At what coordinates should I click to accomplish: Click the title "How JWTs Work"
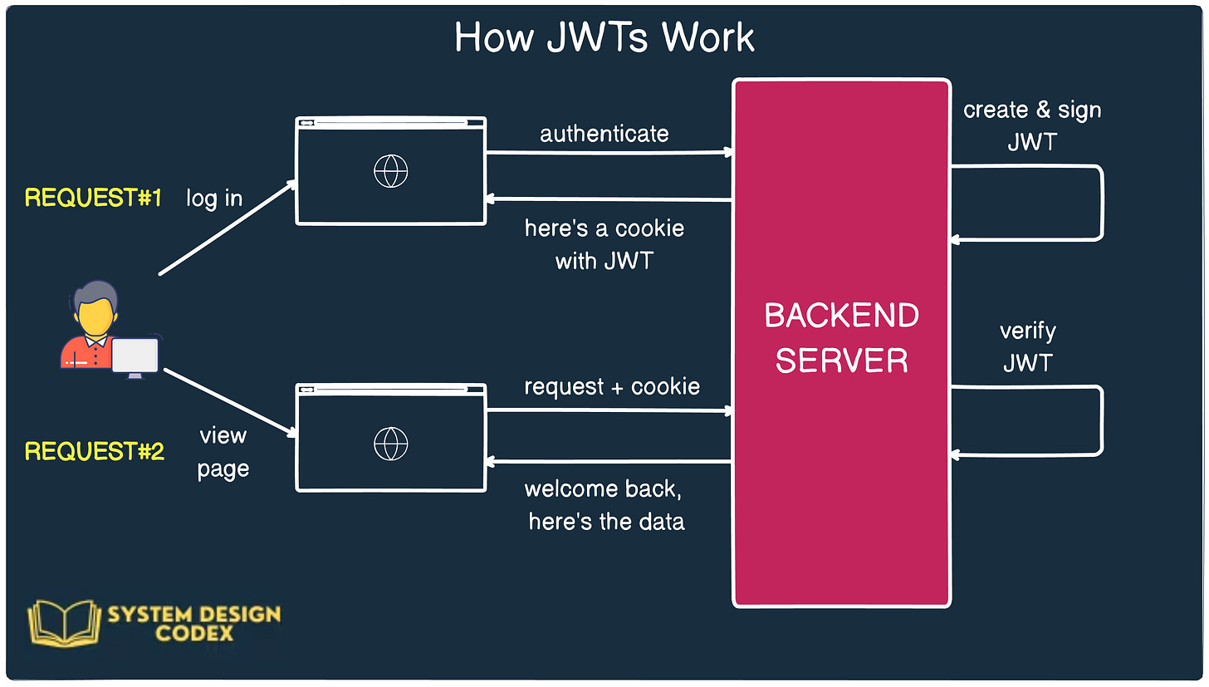(x=604, y=38)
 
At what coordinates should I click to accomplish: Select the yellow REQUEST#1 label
(x=94, y=198)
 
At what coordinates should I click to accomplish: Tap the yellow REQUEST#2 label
(x=95, y=451)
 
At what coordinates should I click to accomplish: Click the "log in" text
(x=214, y=199)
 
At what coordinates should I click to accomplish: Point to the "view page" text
(x=223, y=452)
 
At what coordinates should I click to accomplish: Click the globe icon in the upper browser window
(x=391, y=172)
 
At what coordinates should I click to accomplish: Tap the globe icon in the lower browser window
(x=391, y=444)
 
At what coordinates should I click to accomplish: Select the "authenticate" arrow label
(x=604, y=134)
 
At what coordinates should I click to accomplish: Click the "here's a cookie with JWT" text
(x=604, y=244)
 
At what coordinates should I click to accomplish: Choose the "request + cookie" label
(x=612, y=387)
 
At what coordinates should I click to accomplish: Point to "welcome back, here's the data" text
(x=605, y=505)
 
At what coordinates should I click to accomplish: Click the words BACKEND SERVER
(x=841, y=338)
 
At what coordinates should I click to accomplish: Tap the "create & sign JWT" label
(x=1032, y=125)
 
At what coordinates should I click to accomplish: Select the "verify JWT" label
(x=1028, y=346)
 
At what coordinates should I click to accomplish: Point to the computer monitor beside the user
(x=135, y=356)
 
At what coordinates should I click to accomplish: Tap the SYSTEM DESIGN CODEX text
(x=193, y=623)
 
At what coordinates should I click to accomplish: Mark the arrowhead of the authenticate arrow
(x=728, y=152)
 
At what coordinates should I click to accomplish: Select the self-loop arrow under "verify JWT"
(x=1102, y=420)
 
